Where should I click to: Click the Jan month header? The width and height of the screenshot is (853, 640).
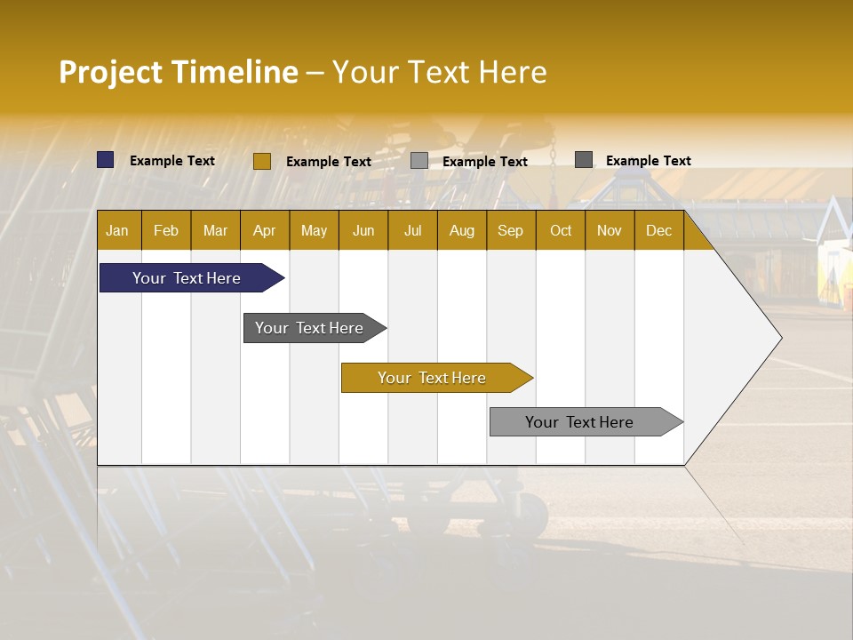click(x=118, y=231)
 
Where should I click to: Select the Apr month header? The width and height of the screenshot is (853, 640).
click(x=265, y=231)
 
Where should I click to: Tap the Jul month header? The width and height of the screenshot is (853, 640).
click(x=413, y=231)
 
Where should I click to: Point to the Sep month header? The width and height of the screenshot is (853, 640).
click(x=511, y=231)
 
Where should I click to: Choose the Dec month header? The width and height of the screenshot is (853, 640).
click(x=659, y=231)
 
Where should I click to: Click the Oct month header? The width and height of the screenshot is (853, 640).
click(x=561, y=231)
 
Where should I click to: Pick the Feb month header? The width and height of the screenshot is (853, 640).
click(x=166, y=231)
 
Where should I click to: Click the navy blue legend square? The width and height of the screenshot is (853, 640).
click(x=106, y=160)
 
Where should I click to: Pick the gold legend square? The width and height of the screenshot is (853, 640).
click(x=262, y=161)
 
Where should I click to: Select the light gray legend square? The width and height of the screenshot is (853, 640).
click(x=419, y=161)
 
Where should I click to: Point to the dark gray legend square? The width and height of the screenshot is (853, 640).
click(x=584, y=160)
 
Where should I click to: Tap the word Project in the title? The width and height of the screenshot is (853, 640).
click(x=109, y=72)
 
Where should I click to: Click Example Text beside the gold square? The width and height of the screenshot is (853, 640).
click(x=329, y=162)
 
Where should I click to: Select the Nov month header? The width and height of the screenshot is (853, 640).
click(x=610, y=231)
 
